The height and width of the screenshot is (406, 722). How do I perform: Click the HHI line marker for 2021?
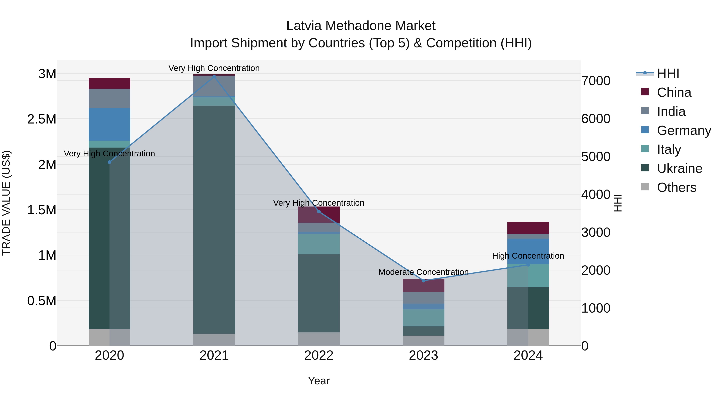tap(214, 77)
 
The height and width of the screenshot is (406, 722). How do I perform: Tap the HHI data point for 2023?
tap(424, 280)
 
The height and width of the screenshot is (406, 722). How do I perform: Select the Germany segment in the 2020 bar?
tap(109, 124)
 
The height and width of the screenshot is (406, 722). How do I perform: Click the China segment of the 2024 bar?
tap(528, 228)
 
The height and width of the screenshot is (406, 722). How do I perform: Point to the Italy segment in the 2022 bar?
tap(319, 244)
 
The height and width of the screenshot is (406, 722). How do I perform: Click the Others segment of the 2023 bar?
tap(424, 341)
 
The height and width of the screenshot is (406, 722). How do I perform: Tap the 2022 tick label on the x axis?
tap(319, 355)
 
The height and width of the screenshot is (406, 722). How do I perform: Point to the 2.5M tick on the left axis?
tap(42, 119)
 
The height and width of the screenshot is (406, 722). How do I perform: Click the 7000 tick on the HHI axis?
tap(596, 81)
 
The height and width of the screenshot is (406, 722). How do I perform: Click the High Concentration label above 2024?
tap(528, 256)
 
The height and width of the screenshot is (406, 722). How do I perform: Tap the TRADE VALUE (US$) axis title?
tap(6, 203)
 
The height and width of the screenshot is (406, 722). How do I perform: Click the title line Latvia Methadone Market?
tap(361, 26)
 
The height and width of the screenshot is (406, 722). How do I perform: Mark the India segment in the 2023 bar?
tap(424, 298)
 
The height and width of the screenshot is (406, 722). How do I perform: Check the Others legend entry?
tap(676, 187)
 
